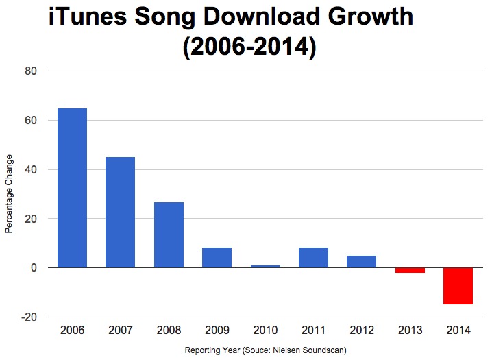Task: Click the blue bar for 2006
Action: pyautogui.click(x=72, y=188)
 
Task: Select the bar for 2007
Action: pyautogui.click(x=120, y=213)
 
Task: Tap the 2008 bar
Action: pyautogui.click(x=169, y=235)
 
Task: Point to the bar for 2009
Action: pyautogui.click(x=217, y=257)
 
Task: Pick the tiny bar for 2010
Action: pyautogui.click(x=265, y=266)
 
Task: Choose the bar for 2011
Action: pyautogui.click(x=313, y=257)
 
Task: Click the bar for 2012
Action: pyautogui.click(x=361, y=261)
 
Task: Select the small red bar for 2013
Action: pyautogui.click(x=410, y=270)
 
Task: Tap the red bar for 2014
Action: pyautogui.click(x=458, y=286)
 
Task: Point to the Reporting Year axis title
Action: pyautogui.click(x=265, y=350)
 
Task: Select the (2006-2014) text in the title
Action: pyautogui.click(x=249, y=48)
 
